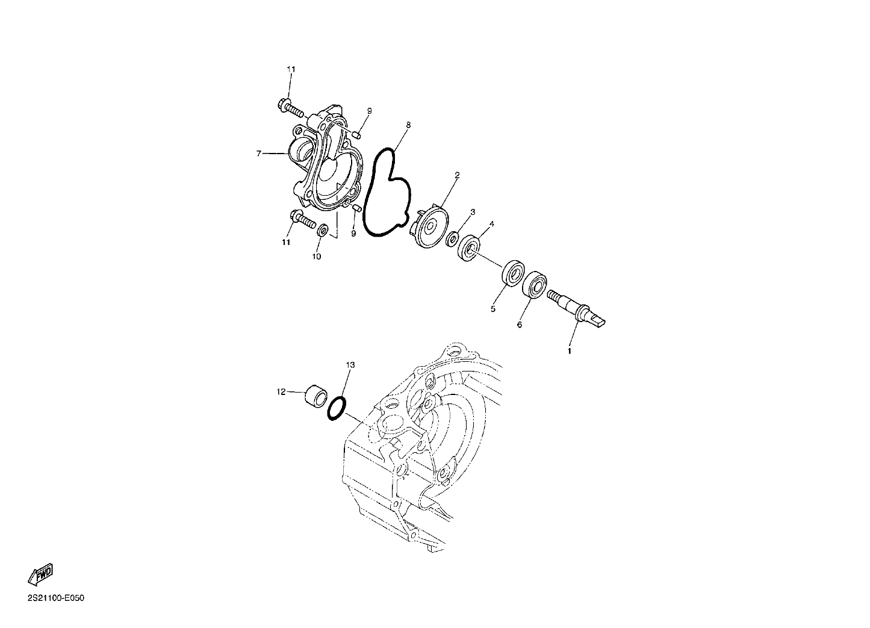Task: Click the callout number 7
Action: pyautogui.click(x=259, y=154)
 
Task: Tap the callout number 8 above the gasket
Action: pyautogui.click(x=408, y=125)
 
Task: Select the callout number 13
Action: pyautogui.click(x=350, y=365)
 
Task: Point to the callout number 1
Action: pyautogui.click(x=570, y=351)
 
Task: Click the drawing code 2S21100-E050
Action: pyautogui.click(x=56, y=598)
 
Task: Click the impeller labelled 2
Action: pyautogui.click(x=429, y=228)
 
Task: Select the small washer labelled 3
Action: pyautogui.click(x=452, y=238)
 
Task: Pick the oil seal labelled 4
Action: pyautogui.click(x=470, y=247)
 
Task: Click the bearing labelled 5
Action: pyautogui.click(x=514, y=273)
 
